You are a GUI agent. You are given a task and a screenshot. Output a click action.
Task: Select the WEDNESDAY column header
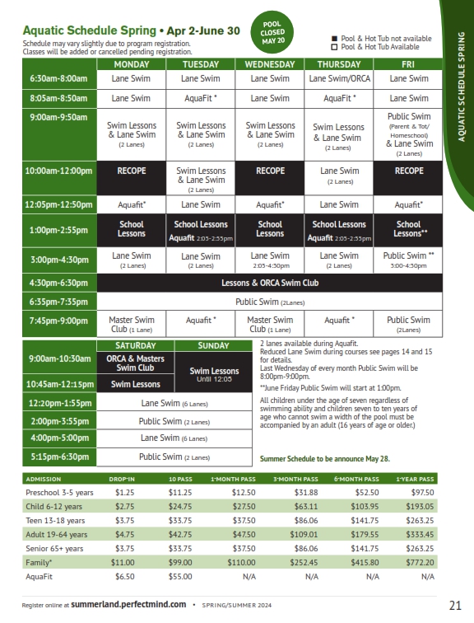(269, 63)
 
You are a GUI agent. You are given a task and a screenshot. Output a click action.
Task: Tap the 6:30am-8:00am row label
(58, 78)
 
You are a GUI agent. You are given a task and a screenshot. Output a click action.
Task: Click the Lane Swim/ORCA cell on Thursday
(339, 78)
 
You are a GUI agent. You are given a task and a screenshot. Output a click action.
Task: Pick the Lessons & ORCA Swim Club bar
(269, 283)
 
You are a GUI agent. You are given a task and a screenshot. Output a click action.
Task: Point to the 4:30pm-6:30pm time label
(58, 283)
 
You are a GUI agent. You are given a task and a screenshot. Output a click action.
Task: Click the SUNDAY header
(213, 345)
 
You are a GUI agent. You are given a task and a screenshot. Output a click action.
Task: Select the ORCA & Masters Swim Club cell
(135, 363)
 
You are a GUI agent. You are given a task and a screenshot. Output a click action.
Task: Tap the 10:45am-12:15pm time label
(58, 384)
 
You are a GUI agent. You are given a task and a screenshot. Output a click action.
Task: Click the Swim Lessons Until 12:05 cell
(213, 373)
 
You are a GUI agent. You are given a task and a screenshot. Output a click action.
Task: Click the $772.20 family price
(416, 561)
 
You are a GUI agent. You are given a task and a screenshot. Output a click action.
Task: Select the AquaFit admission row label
(40, 576)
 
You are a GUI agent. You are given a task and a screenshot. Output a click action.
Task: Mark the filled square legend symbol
(334, 38)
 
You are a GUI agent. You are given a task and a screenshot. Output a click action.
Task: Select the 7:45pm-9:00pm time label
(58, 321)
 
